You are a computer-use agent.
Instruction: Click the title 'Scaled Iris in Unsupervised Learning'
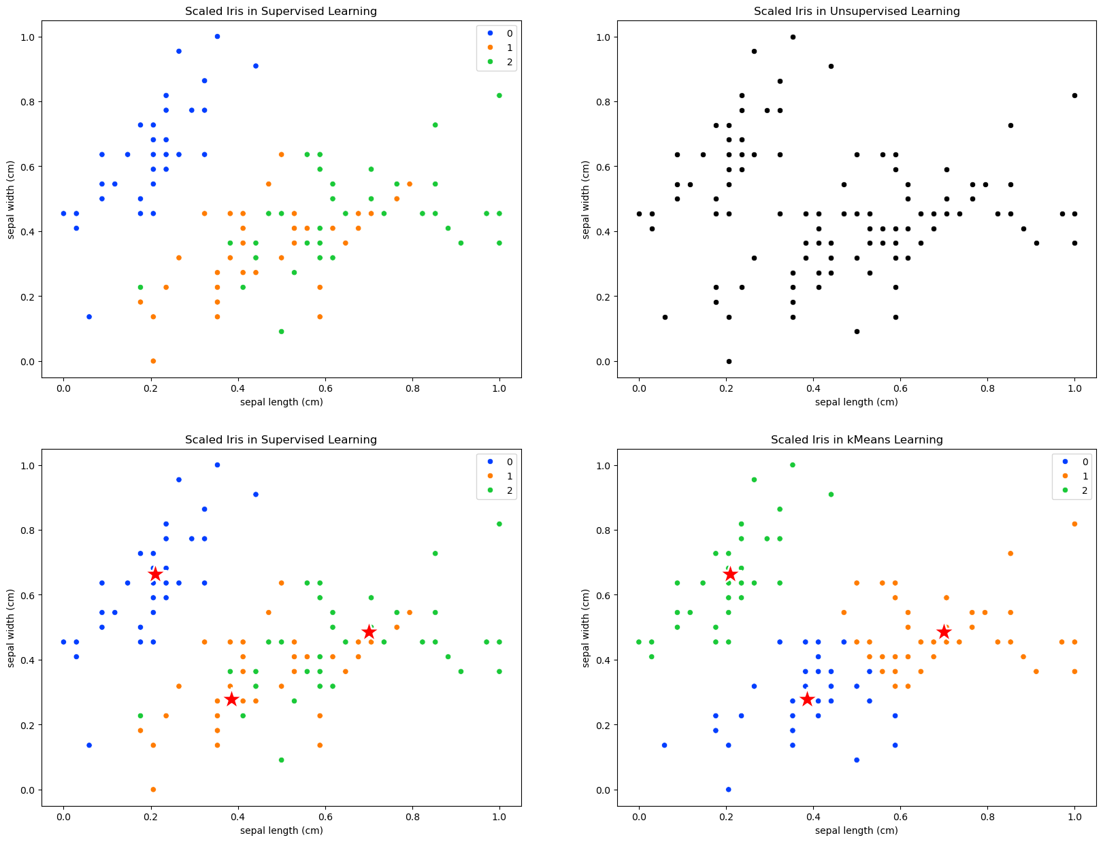857,12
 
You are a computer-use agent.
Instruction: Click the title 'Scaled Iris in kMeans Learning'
857,440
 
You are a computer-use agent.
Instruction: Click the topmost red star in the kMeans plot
730,575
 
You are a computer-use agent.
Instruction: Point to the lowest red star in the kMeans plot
807,699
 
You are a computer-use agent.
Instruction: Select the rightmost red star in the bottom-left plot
369,632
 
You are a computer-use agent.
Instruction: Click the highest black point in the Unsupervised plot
793,37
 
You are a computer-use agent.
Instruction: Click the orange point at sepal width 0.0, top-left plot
153,361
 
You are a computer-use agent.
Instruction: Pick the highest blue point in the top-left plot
217,37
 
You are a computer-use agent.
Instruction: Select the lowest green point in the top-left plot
281,332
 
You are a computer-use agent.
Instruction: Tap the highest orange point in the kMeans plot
1074,524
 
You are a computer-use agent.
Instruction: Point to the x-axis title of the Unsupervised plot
857,402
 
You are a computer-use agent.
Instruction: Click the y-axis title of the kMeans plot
587,628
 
